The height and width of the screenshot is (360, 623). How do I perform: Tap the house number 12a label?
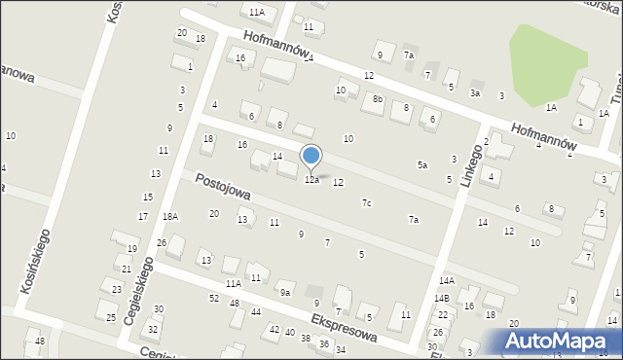(311, 180)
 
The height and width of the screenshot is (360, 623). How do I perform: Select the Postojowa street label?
(223, 187)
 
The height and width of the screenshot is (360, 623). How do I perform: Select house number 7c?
(366, 202)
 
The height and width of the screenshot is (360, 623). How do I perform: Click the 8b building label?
(378, 99)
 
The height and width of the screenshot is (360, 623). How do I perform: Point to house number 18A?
(170, 216)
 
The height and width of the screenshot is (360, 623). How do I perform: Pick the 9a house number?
(285, 292)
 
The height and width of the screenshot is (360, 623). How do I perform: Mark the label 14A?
(446, 281)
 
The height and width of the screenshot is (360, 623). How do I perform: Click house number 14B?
(442, 298)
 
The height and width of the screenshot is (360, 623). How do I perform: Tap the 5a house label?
(422, 165)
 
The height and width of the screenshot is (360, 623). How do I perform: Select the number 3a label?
(475, 92)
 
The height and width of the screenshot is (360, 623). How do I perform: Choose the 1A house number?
(551, 107)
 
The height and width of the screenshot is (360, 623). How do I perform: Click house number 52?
(214, 298)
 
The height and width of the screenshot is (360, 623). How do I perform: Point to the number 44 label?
(256, 311)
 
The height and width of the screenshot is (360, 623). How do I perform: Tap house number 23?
(117, 289)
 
